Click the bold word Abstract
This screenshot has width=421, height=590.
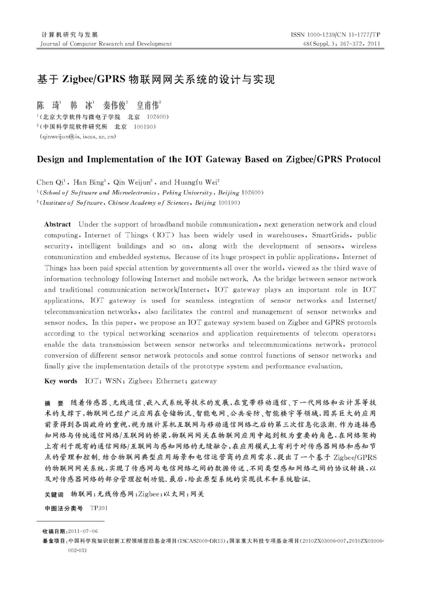click(57, 225)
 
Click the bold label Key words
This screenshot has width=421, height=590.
click(61, 381)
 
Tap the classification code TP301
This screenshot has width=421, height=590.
click(99, 508)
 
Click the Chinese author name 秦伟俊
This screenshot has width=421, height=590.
click(115, 106)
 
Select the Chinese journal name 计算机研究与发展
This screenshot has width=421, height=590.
click(70, 35)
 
